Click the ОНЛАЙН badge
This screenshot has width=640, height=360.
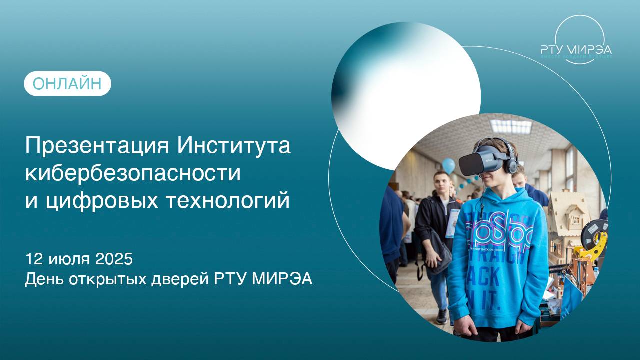(67, 84)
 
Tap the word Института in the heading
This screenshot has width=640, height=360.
(234, 147)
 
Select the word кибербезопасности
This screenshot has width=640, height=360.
(133, 173)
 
